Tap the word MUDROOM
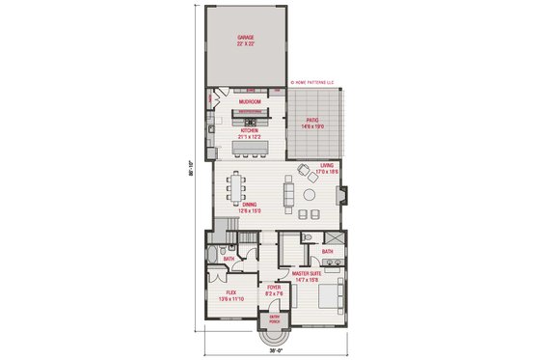point(249,99)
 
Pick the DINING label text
point(249,205)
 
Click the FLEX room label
point(231,292)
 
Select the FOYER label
point(274,286)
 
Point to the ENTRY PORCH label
point(274,319)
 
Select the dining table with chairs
point(247,186)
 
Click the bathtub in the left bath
point(214,256)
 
